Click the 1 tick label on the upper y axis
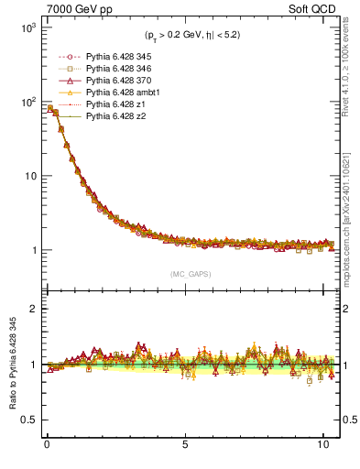[30, 250]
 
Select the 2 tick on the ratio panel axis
[31, 309]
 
